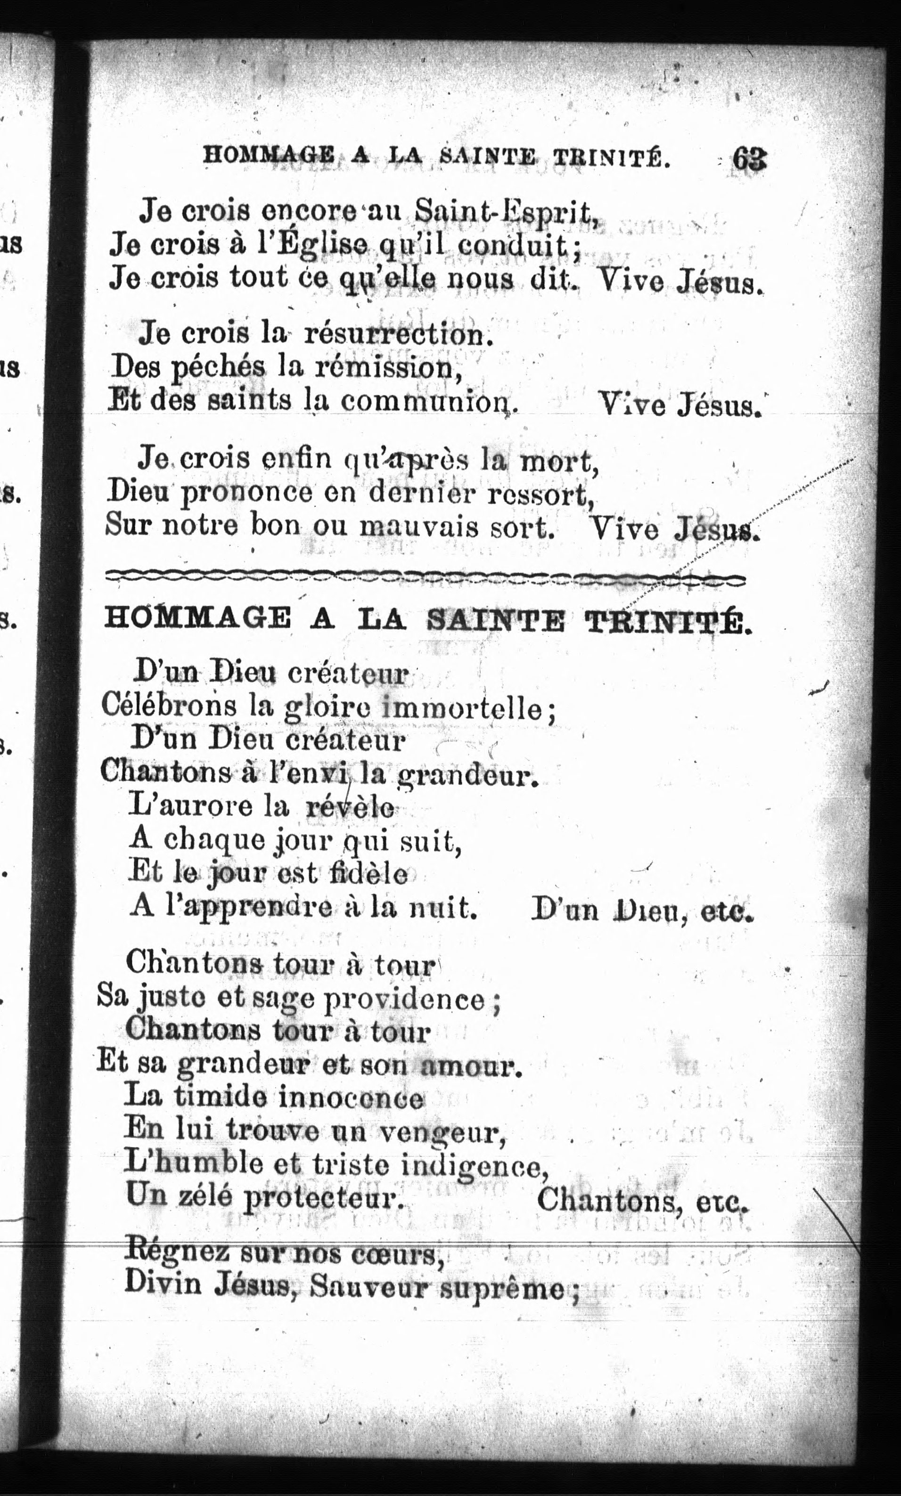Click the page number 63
pyautogui.click(x=749, y=161)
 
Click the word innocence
pyautogui.click(x=351, y=1097)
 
